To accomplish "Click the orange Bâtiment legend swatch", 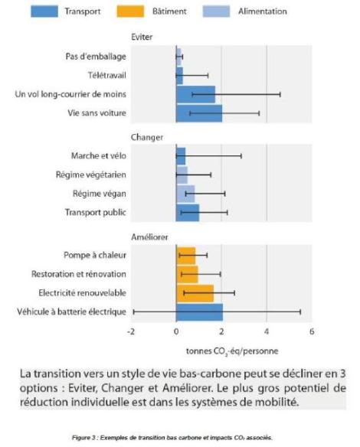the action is point(130,11).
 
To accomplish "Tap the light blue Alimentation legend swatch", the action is point(216,11).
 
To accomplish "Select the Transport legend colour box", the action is point(44,11).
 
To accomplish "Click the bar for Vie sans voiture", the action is point(199,113).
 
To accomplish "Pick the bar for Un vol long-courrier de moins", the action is point(195,94).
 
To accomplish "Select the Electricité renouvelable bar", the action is point(195,293).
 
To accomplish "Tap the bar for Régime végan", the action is point(185,194).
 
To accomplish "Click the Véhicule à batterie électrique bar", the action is point(199,312).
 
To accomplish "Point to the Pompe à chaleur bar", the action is point(186,256).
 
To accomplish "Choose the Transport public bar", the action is point(188,213).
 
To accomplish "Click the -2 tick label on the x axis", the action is point(131,331).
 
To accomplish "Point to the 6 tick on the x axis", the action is point(312,331).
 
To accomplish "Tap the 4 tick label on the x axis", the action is point(267,331).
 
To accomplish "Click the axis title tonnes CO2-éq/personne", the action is point(232,351).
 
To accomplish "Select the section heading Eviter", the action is point(142,37).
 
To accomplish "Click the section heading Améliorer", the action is point(149,237).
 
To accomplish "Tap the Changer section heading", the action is point(147,138).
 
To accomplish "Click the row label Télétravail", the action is point(107,76).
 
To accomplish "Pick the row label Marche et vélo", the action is point(99,156).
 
